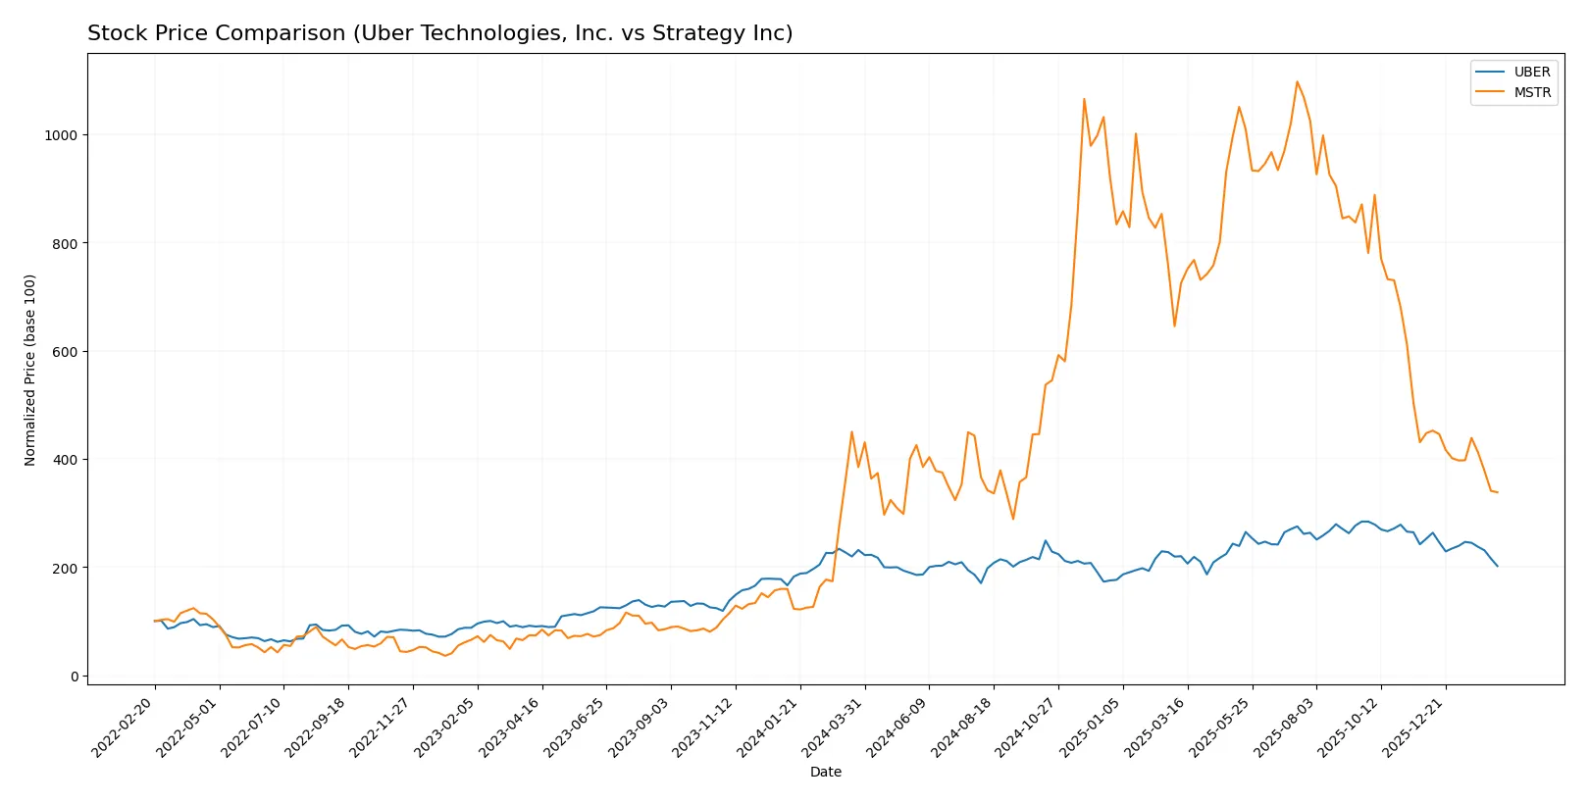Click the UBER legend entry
(x=1531, y=72)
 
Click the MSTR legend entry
(x=1531, y=92)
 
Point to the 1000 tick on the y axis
(x=61, y=135)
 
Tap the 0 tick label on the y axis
(x=74, y=677)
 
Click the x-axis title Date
(x=825, y=772)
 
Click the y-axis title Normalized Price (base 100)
(x=30, y=370)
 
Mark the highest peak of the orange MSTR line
(x=1297, y=81)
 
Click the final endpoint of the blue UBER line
(x=1497, y=566)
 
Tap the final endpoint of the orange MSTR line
(x=1497, y=492)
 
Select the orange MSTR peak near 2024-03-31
(x=851, y=431)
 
